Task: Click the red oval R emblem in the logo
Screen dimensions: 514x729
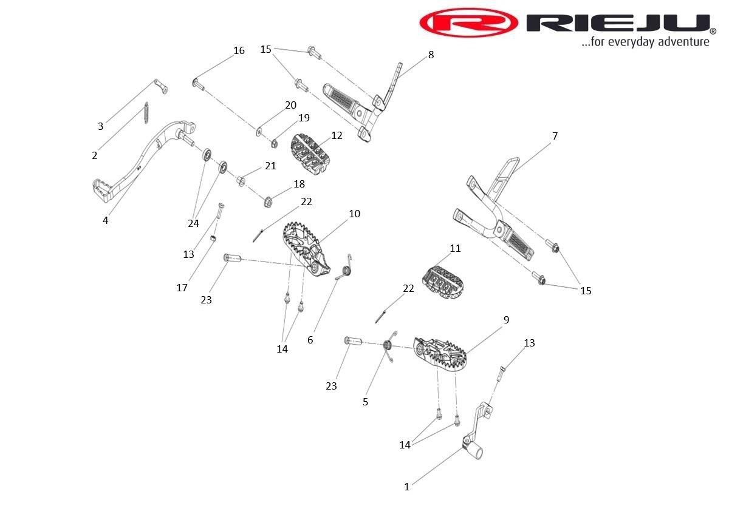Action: click(468, 24)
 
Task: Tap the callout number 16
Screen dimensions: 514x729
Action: click(239, 50)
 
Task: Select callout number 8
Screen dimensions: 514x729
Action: click(431, 55)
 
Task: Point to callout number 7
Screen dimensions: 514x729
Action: click(555, 136)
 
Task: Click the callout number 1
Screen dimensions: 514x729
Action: click(407, 487)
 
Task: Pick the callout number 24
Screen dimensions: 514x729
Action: click(193, 223)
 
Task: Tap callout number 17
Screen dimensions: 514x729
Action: click(182, 288)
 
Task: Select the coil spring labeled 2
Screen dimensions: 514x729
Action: click(146, 113)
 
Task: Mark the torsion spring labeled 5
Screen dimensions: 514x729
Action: click(387, 347)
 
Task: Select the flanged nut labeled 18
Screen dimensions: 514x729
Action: click(268, 201)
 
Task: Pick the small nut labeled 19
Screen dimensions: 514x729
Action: click(274, 144)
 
